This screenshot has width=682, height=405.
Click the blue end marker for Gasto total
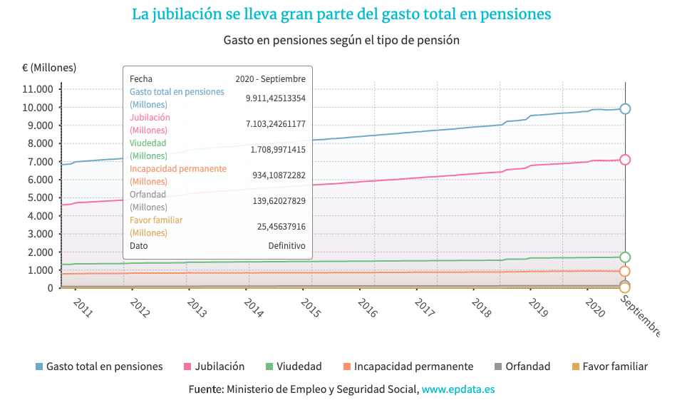(x=625, y=108)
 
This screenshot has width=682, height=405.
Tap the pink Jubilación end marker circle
(x=625, y=160)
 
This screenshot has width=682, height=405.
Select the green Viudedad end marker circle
(x=625, y=257)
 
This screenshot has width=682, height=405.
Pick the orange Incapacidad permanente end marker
(x=625, y=271)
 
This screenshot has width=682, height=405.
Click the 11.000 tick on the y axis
(x=38, y=89)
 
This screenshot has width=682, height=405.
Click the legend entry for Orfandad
(x=527, y=366)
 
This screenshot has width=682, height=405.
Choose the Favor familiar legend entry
(x=614, y=366)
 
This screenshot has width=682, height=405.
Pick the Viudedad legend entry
(x=299, y=366)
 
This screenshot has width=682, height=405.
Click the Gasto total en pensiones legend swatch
(x=39, y=366)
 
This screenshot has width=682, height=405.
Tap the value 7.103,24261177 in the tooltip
(x=275, y=124)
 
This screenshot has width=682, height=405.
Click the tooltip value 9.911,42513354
(x=275, y=98)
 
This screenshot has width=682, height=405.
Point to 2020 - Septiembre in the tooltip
(x=270, y=79)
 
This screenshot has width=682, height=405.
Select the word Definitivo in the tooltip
(x=286, y=245)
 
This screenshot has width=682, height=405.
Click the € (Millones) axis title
(x=49, y=68)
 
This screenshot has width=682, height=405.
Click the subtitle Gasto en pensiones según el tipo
(x=341, y=40)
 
